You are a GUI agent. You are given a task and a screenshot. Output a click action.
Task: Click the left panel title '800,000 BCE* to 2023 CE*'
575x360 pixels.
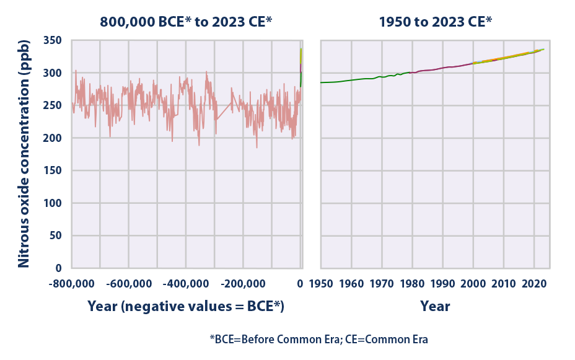coord(187,22)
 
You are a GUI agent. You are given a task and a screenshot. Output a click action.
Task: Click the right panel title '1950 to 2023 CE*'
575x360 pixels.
coord(436,22)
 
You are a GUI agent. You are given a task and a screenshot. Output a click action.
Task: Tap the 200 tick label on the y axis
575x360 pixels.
coord(55,138)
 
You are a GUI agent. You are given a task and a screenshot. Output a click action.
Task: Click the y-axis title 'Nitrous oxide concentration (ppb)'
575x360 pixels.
coord(23,154)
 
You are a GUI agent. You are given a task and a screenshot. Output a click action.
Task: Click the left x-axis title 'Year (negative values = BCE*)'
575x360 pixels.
coord(186,306)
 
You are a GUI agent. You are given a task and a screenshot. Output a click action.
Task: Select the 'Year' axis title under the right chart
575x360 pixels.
coord(435,306)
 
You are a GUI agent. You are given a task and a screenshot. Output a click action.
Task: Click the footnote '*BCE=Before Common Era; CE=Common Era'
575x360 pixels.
coord(318,340)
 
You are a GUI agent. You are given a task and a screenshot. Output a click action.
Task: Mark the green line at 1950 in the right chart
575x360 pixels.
coord(321,82)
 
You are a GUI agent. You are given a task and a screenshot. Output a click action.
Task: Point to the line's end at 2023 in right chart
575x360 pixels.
coord(543,50)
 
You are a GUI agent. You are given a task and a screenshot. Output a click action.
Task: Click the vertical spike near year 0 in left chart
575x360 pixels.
coord(301,65)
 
